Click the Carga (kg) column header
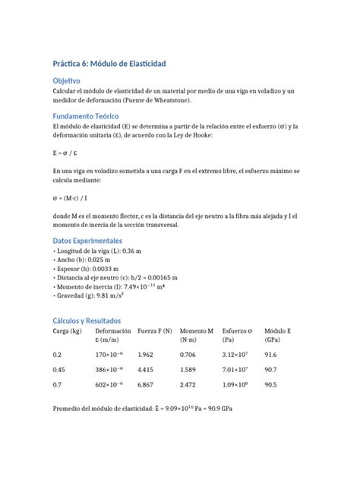tap(68, 331)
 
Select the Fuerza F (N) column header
tap(155, 331)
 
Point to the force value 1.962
tap(145, 355)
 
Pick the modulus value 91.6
tap(271, 355)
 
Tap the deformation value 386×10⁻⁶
tap(110, 370)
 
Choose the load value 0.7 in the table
tap(57, 385)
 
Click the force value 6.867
tap(145, 385)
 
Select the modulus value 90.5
tap(271, 385)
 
